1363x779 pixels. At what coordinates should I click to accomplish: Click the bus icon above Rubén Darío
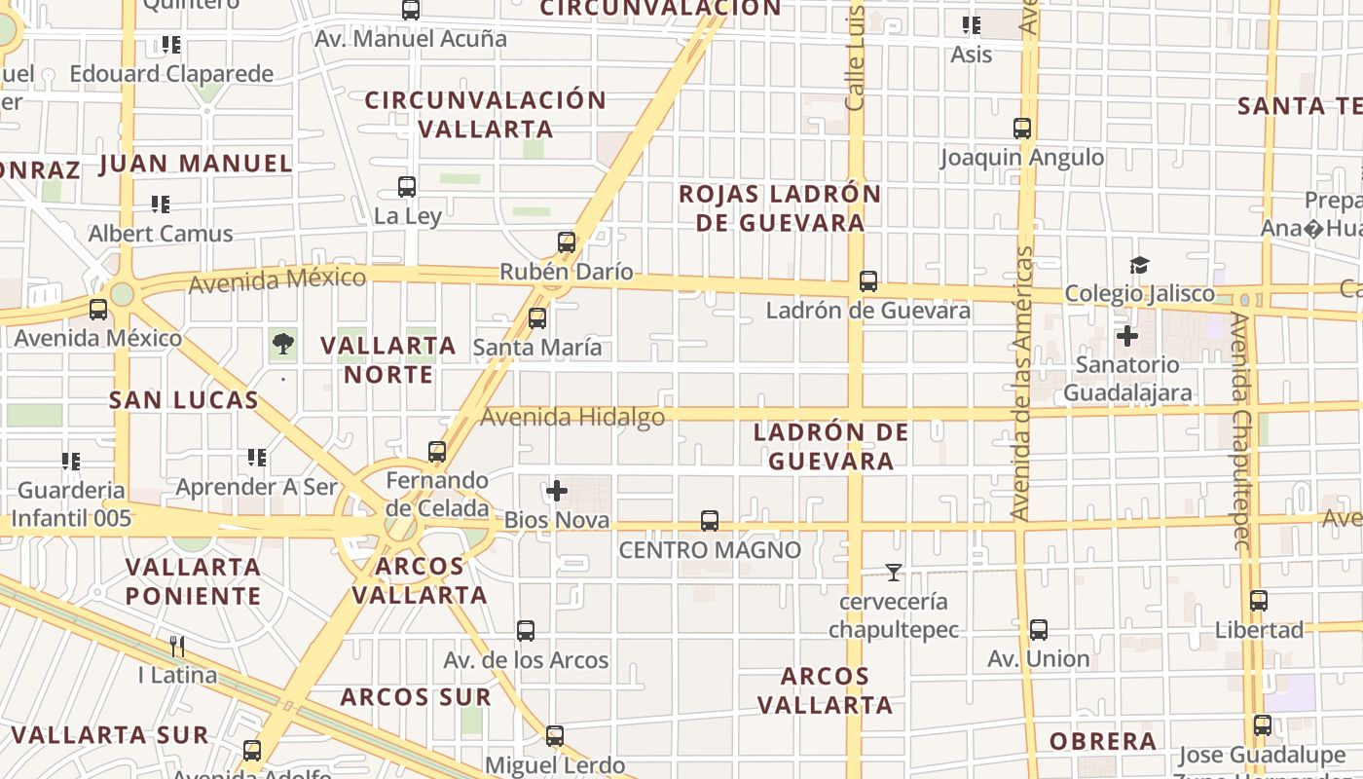(567, 241)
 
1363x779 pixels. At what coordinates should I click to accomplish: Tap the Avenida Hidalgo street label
(573, 418)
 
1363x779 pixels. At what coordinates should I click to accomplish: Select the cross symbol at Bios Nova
(557, 491)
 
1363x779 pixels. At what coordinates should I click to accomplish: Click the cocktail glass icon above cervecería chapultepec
(894, 573)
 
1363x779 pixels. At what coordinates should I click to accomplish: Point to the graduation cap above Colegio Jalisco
(1139, 265)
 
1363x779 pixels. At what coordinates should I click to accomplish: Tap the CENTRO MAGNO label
(711, 550)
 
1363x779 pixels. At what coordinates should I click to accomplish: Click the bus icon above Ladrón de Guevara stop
(868, 281)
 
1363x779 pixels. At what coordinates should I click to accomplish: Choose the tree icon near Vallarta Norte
(283, 343)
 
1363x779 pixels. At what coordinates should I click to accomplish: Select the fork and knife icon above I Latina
(177, 647)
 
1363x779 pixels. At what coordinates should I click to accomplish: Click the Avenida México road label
(277, 280)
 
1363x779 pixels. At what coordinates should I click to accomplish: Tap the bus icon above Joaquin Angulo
(1022, 128)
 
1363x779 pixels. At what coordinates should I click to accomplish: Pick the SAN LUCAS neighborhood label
(184, 399)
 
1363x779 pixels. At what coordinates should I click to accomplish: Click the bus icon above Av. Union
(1039, 630)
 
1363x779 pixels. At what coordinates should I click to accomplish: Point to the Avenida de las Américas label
(1021, 383)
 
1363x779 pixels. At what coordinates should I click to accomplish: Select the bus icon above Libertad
(1259, 601)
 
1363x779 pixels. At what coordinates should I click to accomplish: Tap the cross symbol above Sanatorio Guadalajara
(1127, 337)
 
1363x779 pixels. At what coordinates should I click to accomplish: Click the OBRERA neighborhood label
(1103, 741)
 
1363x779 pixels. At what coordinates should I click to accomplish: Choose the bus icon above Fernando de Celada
(437, 452)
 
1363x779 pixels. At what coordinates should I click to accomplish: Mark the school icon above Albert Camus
(161, 204)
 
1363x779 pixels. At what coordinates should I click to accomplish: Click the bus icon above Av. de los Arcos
(526, 631)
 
